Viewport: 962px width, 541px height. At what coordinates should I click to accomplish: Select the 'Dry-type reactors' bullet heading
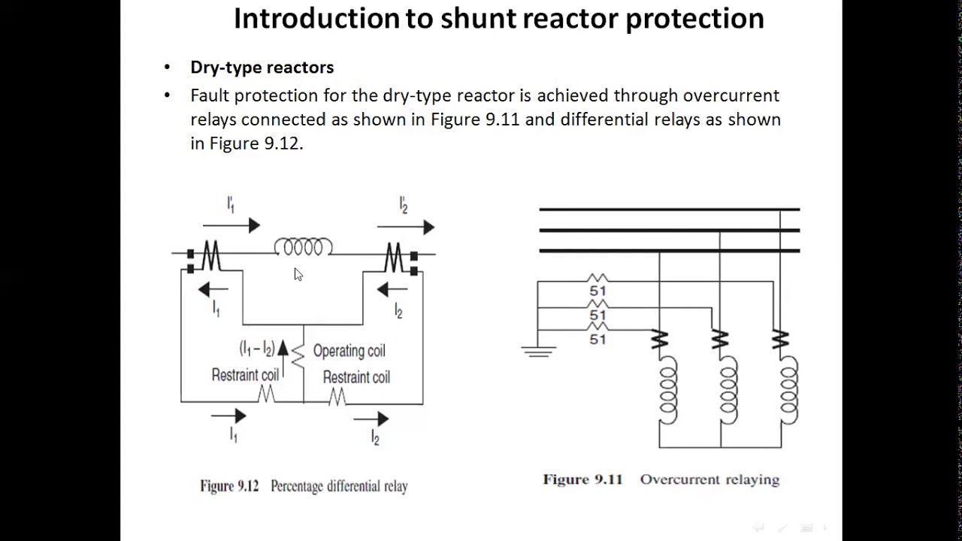[x=262, y=68]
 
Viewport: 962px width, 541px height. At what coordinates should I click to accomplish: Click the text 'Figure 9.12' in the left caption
[x=229, y=486]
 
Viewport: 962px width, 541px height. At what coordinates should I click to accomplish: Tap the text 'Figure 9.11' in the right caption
[x=582, y=479]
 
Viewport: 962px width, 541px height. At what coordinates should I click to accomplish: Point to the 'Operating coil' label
[x=349, y=351]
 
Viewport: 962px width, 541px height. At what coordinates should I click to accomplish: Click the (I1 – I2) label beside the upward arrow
[x=256, y=349]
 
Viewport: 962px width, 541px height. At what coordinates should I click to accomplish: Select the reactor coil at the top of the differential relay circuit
[x=303, y=247]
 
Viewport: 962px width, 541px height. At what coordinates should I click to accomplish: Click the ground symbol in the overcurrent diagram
[x=538, y=350]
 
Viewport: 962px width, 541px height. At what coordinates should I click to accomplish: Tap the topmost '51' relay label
[x=597, y=291]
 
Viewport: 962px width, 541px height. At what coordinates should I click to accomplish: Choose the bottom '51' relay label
[x=597, y=340]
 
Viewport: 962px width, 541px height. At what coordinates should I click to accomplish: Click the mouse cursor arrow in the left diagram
[x=298, y=274]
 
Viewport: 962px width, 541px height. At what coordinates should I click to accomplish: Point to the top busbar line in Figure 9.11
[x=669, y=210]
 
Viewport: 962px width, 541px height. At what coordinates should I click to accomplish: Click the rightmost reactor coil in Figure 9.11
[x=788, y=391]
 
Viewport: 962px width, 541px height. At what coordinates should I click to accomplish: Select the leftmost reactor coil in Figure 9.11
[x=667, y=391]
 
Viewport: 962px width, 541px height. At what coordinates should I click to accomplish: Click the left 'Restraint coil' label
[x=245, y=375]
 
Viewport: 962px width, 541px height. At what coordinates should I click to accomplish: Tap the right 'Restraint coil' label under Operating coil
[x=356, y=377]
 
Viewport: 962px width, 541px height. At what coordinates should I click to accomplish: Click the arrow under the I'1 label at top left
[x=231, y=225]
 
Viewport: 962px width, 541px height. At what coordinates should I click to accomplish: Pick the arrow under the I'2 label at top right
[x=406, y=227]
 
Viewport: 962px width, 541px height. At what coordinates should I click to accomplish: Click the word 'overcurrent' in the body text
[x=731, y=95]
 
